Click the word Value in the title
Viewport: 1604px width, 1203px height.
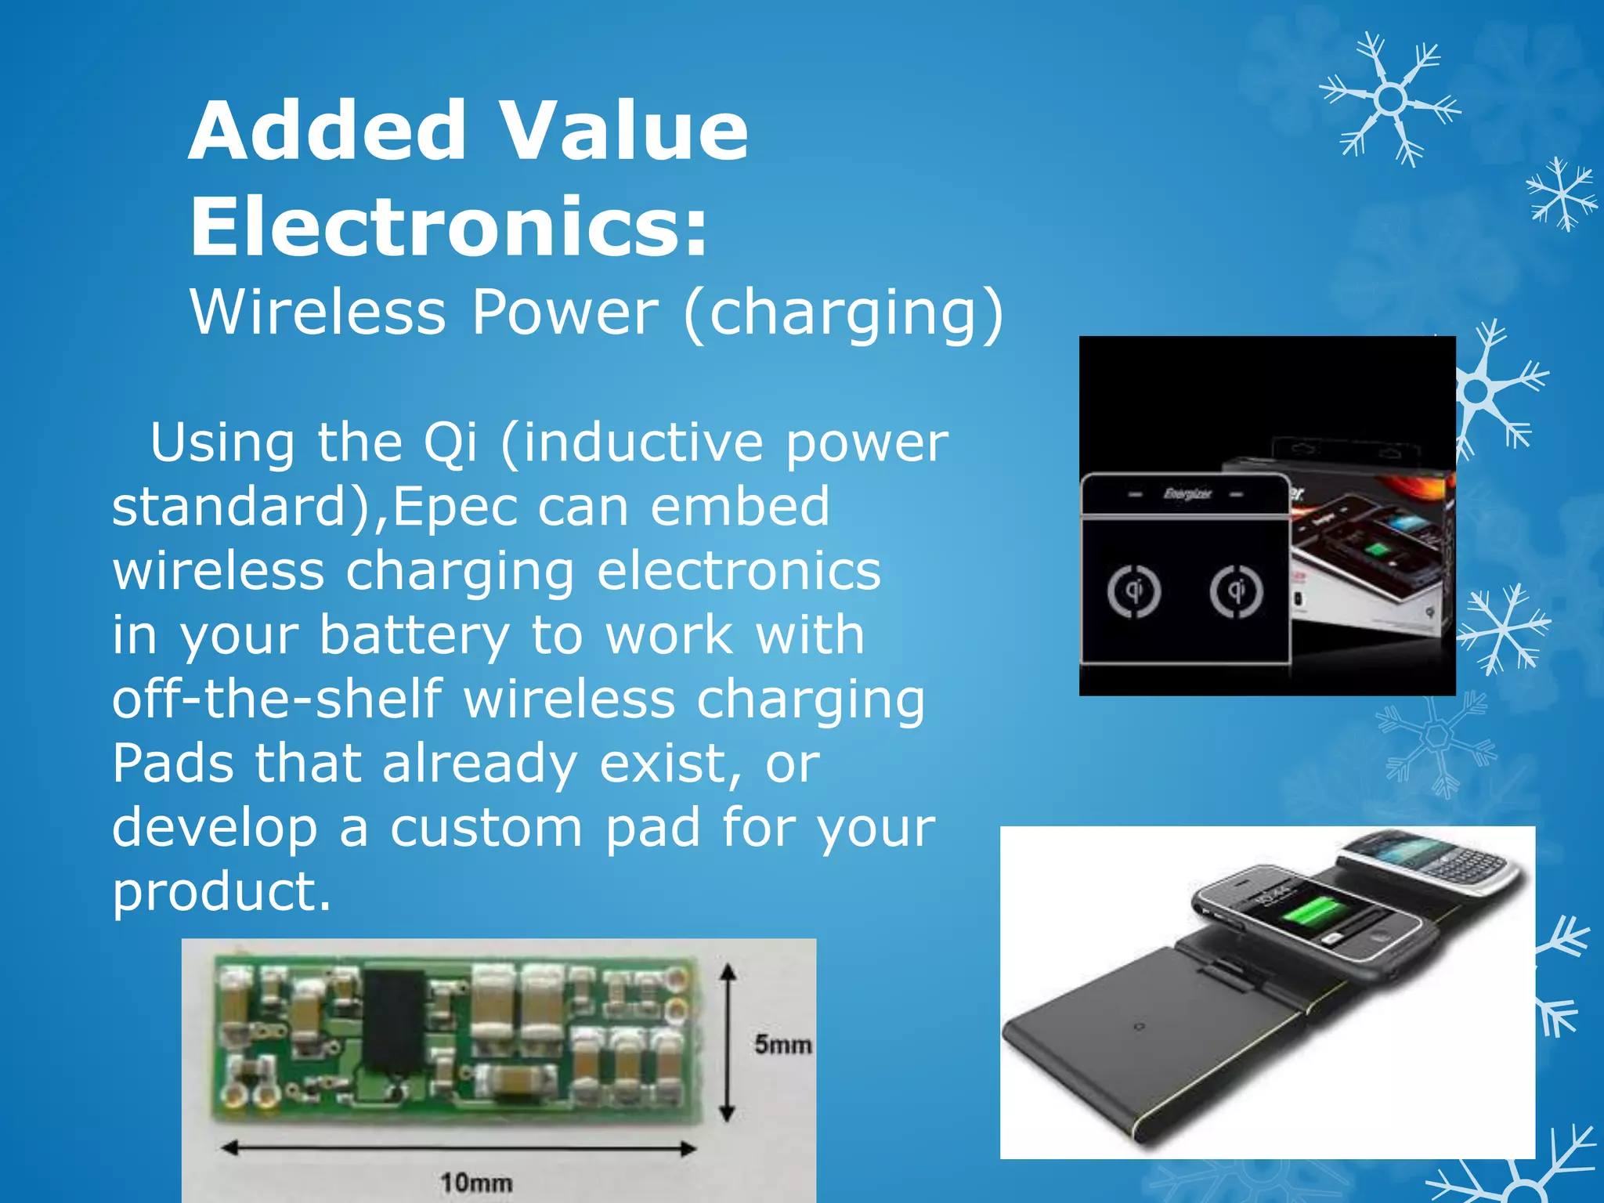pyautogui.click(x=623, y=131)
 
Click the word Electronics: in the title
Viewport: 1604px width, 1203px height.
pyautogui.click(x=449, y=227)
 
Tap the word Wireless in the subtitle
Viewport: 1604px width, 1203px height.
pyautogui.click(x=318, y=312)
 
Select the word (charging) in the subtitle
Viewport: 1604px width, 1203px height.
pyautogui.click(x=844, y=313)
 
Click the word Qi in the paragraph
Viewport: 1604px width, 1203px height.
pyautogui.click(x=450, y=443)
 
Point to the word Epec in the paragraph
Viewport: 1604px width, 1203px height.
pyautogui.click(x=455, y=507)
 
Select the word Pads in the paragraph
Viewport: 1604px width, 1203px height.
pyautogui.click(x=172, y=763)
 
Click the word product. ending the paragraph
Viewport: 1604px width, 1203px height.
pyautogui.click(x=222, y=891)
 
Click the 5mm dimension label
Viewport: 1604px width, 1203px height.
pyautogui.click(x=782, y=1044)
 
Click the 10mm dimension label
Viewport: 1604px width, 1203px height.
pyautogui.click(x=476, y=1182)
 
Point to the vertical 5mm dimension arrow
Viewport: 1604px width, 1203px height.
pyautogui.click(x=728, y=1042)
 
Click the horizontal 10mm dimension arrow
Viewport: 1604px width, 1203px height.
pyautogui.click(x=459, y=1149)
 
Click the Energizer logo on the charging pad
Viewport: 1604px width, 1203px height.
pyautogui.click(x=1187, y=494)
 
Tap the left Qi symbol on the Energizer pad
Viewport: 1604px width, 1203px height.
pyautogui.click(x=1133, y=591)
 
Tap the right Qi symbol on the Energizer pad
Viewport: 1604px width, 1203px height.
pyautogui.click(x=1236, y=591)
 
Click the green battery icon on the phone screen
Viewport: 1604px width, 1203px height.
pyautogui.click(x=1319, y=912)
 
